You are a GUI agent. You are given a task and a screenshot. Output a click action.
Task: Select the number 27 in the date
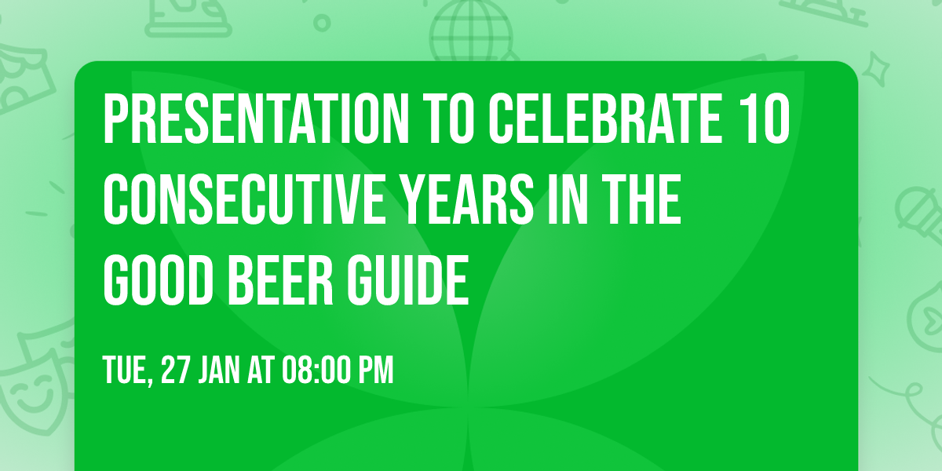pos(175,370)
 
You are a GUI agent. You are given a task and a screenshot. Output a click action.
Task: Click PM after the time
pos(375,370)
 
